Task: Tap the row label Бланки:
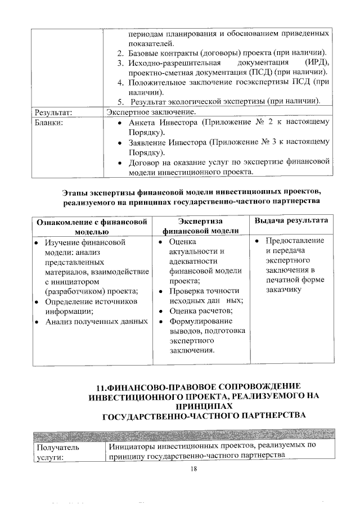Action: (51, 122)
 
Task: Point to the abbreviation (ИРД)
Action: (316, 62)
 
